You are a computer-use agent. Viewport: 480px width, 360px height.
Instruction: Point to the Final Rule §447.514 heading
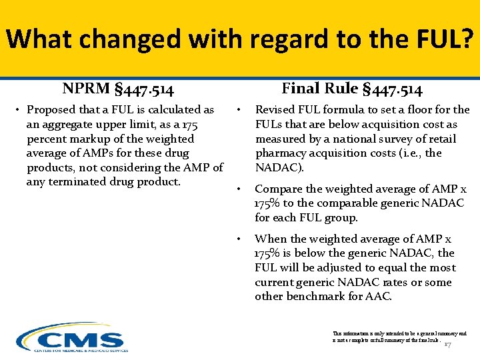352,89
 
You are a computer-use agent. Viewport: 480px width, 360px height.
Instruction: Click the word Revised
276,109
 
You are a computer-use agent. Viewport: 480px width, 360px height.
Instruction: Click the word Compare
279,189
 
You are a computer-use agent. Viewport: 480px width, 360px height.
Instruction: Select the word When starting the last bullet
269,239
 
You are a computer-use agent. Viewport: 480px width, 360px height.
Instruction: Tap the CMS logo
72,339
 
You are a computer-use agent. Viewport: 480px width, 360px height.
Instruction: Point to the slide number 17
448,345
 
